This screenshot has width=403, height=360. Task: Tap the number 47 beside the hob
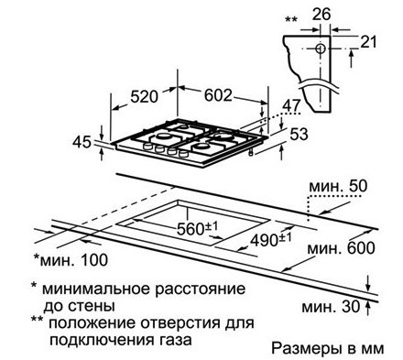click(291, 106)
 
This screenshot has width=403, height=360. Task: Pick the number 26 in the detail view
click(319, 14)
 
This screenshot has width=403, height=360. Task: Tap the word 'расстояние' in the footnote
click(203, 289)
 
